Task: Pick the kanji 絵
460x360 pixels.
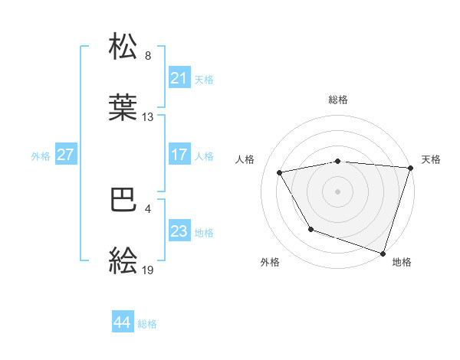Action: coord(123,261)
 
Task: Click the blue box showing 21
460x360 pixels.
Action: coord(179,78)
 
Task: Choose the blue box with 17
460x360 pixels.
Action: coord(179,155)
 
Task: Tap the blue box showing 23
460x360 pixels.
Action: coord(179,231)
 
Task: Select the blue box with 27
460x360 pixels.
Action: coord(65,155)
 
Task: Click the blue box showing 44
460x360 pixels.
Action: coord(122,322)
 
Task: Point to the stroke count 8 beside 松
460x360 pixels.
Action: coord(148,56)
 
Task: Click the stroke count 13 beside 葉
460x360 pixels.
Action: coord(148,117)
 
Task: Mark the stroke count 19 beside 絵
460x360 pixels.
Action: coord(148,270)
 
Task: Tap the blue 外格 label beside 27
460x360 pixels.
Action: coord(41,156)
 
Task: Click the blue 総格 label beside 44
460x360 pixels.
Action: coord(147,324)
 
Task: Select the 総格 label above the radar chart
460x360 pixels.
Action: coord(337,100)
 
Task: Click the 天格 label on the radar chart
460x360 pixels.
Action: coord(431,159)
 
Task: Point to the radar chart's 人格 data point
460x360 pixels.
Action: coord(281,172)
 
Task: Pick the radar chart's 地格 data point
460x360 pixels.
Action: coord(383,253)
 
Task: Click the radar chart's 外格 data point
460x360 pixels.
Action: coord(310,229)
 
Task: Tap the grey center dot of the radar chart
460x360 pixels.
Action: coord(337,191)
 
